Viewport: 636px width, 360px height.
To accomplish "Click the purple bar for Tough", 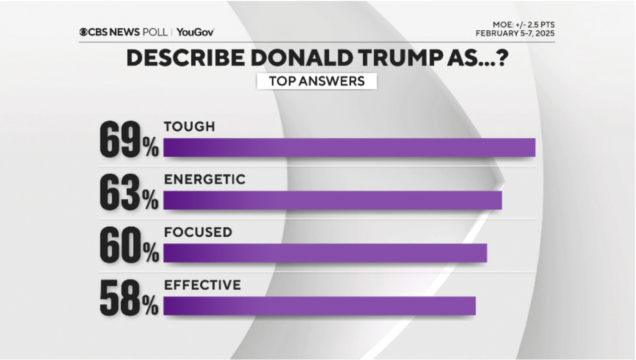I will click(x=349, y=148).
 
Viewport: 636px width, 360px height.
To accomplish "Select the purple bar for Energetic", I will click(x=332, y=200).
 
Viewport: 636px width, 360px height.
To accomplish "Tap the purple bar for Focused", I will click(x=325, y=253).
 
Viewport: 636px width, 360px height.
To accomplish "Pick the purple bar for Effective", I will click(x=319, y=305).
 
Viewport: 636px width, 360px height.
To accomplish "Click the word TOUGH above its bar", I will click(x=189, y=127).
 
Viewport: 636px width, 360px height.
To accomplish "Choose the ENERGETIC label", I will click(x=205, y=180).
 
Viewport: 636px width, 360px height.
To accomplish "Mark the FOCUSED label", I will click(x=198, y=232).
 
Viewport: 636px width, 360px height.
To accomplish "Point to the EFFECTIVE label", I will click(x=202, y=285).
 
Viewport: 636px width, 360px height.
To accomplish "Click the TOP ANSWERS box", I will click(x=317, y=81).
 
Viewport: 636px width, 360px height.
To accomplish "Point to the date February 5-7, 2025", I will click(x=515, y=33).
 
